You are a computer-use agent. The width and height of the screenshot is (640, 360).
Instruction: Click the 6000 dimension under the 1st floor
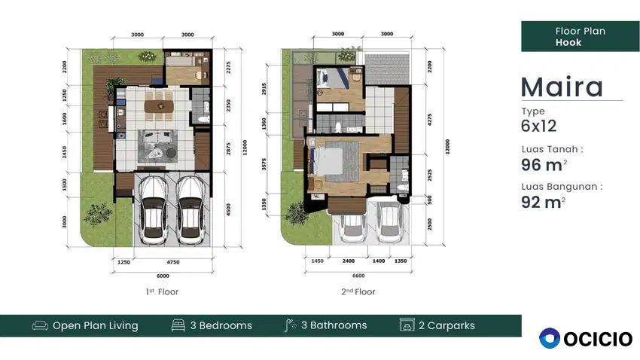pos(163,276)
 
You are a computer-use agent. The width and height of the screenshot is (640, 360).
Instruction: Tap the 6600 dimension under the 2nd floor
pos(358,276)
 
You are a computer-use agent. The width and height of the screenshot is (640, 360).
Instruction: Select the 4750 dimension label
pos(173,262)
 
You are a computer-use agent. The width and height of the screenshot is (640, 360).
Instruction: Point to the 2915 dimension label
pos(264,89)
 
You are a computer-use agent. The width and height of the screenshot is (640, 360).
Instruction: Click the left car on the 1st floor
pos(154,210)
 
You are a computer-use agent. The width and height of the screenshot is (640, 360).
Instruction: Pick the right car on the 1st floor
pos(190,210)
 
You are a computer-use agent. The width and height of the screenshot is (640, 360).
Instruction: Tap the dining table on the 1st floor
pos(159,106)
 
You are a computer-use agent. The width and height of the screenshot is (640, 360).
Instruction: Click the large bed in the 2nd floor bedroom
pos(327,162)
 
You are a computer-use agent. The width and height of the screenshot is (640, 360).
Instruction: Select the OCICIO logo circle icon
pos(550,338)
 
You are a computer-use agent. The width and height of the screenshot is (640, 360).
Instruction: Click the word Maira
pos(562,87)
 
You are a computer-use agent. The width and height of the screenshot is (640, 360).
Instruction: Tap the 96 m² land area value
pos(544,165)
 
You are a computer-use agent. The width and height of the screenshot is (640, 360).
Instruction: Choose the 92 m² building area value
pos(543,202)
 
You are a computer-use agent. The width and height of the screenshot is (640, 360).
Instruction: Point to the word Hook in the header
pos(568,42)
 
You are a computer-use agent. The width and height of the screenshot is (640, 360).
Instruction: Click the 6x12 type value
pos(539,126)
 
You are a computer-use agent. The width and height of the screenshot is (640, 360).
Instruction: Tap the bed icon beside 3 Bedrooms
pos(178,325)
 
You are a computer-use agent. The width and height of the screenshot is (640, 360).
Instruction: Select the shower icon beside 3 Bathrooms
pos(290,325)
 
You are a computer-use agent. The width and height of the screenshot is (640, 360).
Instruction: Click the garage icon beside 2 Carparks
pos(407,325)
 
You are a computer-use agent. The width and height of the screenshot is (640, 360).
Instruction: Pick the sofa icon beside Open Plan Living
pos(40,325)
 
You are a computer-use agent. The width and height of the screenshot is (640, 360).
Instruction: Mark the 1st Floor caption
pos(162,291)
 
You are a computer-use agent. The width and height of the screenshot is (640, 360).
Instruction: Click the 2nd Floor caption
pos(358,291)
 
